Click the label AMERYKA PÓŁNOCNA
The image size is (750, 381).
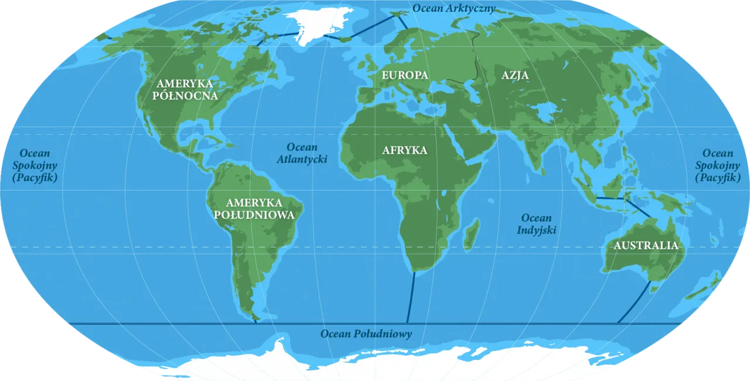click(185, 89)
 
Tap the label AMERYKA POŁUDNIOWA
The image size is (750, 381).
click(254, 209)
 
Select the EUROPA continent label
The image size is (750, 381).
click(405, 75)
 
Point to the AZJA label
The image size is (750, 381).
click(515, 75)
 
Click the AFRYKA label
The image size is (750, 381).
click(404, 150)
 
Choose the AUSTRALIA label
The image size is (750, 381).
click(645, 246)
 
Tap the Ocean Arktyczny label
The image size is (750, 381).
click(454, 8)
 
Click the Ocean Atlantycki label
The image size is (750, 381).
click(302, 153)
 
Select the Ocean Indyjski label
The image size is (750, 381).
click(536, 224)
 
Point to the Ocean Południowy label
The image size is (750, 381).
click(366, 334)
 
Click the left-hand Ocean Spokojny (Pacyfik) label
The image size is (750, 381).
click(35, 165)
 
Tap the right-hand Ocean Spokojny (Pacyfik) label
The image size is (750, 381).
click(718, 165)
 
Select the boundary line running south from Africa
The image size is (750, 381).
click(411, 299)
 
